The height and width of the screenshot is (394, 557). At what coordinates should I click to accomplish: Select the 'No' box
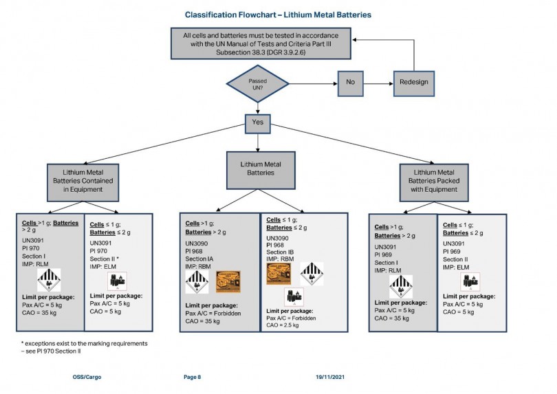point(349,82)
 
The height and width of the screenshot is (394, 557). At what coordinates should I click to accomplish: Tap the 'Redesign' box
point(413,82)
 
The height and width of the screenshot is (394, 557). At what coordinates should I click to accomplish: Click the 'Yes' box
point(257,123)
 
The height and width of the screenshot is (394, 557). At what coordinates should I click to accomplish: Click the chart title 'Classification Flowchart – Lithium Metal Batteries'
point(278,14)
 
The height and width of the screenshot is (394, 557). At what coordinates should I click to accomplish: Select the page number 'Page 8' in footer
point(193,377)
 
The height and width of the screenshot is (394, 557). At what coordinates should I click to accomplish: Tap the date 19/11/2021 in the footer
point(330,377)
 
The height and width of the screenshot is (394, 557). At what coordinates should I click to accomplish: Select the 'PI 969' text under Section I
point(385,254)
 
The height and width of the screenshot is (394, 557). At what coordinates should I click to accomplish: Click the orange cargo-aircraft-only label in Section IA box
point(228,281)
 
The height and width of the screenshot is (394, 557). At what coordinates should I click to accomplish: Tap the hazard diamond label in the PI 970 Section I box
point(49,280)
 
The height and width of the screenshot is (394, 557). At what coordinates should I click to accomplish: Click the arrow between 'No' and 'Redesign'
point(379,82)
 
